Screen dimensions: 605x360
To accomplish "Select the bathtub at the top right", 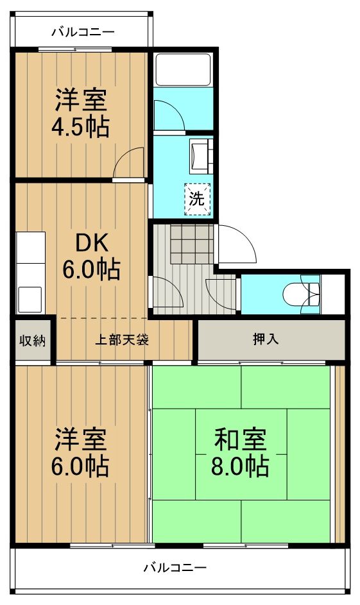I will pos(184,69).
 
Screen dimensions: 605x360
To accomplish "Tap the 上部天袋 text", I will pos(122,340).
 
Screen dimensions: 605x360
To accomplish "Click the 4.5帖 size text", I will pos(80,126).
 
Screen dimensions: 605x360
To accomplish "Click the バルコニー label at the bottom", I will pos(175,568).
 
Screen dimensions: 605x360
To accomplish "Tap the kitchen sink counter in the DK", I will pos(30,272).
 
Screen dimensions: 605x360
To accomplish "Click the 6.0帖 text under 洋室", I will pos(80,464).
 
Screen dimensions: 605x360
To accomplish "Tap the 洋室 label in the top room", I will pos(80,101).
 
